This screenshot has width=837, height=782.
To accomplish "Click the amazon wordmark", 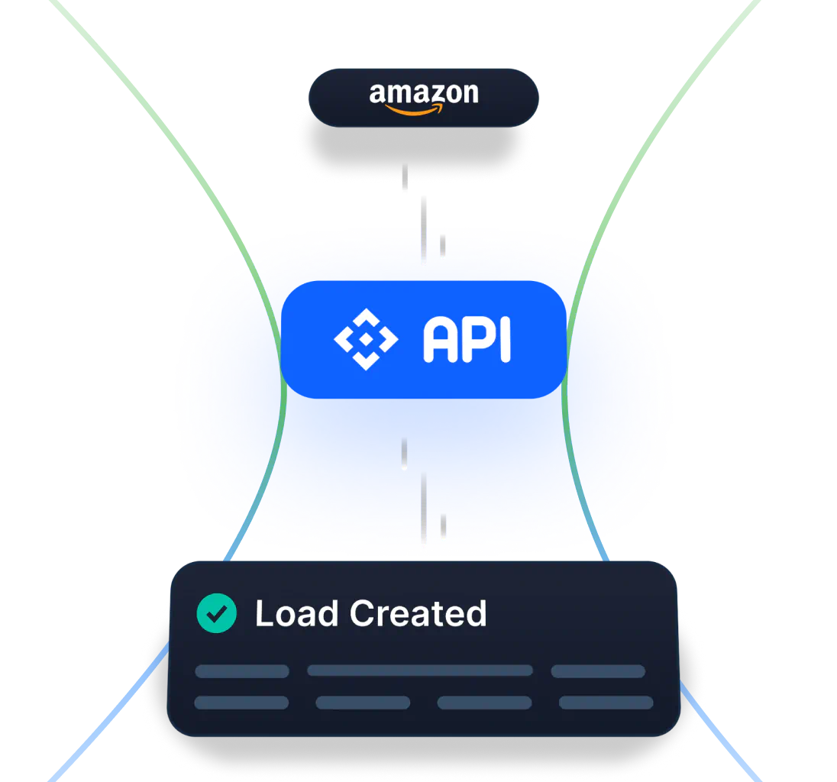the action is pyautogui.click(x=424, y=93).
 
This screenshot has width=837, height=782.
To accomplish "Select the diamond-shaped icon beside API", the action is pyautogui.click(x=366, y=339).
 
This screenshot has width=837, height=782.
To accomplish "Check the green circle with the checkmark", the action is pyautogui.click(x=216, y=613).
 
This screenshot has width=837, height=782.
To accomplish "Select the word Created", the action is pyautogui.click(x=418, y=614).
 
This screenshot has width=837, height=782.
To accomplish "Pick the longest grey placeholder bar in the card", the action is pyautogui.click(x=419, y=671).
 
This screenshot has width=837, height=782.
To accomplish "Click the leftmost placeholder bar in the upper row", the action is pyautogui.click(x=241, y=671).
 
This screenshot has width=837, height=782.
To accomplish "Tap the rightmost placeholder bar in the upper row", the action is pyautogui.click(x=598, y=671).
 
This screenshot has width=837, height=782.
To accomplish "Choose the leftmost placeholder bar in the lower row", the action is pyautogui.click(x=241, y=703).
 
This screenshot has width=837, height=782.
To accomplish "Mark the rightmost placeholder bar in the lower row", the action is pyautogui.click(x=606, y=703).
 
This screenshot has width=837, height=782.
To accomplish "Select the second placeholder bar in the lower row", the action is pyautogui.click(x=363, y=703).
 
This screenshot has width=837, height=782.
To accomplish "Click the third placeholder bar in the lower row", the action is pyautogui.click(x=484, y=703).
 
